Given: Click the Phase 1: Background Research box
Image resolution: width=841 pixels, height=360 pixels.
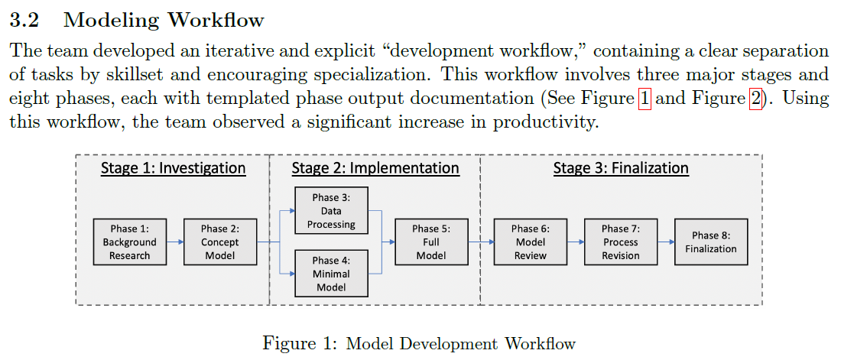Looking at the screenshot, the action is pyautogui.click(x=130, y=242).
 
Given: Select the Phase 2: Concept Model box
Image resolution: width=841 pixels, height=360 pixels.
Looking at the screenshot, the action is pyautogui.click(x=220, y=242).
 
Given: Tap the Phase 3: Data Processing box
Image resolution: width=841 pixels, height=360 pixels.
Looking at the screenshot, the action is pyautogui.click(x=332, y=210).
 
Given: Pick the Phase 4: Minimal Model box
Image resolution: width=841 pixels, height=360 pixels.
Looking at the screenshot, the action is pyautogui.click(x=332, y=274).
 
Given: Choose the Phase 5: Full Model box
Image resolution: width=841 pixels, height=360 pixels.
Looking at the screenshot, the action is pyautogui.click(x=431, y=242).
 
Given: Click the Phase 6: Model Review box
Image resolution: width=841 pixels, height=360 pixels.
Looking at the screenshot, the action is pyautogui.click(x=531, y=242).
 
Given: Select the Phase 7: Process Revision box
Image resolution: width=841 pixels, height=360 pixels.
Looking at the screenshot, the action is pyautogui.click(x=621, y=242).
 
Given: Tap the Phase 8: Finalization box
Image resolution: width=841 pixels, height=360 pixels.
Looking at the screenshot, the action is pyautogui.click(x=711, y=242).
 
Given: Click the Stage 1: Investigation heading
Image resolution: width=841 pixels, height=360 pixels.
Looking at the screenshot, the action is pyautogui.click(x=174, y=168).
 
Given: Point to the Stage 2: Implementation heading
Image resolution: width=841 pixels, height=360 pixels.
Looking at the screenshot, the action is pyautogui.click(x=375, y=168).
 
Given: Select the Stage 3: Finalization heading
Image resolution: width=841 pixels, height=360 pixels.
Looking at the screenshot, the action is pyautogui.click(x=621, y=168).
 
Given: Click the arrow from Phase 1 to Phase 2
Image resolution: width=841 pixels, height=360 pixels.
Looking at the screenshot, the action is pyautogui.click(x=175, y=242).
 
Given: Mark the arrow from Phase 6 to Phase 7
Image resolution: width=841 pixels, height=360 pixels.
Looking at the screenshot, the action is pyautogui.click(x=576, y=242).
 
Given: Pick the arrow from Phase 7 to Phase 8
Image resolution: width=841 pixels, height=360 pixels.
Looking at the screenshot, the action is pyautogui.click(x=666, y=242).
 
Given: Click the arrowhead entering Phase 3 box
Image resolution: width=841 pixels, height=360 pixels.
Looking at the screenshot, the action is pyautogui.click(x=292, y=210).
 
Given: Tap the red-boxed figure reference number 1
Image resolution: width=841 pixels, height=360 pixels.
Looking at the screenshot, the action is pyautogui.click(x=645, y=99).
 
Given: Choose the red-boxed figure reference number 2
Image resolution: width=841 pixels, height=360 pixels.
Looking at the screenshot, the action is pyautogui.click(x=755, y=99).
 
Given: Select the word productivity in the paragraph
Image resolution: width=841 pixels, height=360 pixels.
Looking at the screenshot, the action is pyautogui.click(x=545, y=123).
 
